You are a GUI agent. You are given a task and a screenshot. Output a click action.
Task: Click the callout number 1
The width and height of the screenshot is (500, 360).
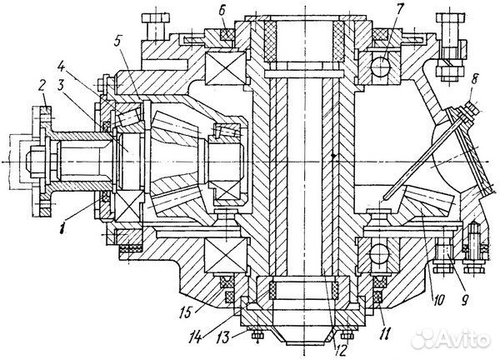63,228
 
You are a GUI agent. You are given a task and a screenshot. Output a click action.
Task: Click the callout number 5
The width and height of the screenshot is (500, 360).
118,42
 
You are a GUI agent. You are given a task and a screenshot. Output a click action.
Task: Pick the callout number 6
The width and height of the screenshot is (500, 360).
222,10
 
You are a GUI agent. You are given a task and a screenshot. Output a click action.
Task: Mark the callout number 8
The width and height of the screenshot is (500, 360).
474,80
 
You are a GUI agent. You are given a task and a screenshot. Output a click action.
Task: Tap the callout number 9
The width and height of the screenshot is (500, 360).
464,299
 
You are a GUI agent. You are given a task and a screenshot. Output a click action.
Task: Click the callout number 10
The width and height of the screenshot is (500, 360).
439,300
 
